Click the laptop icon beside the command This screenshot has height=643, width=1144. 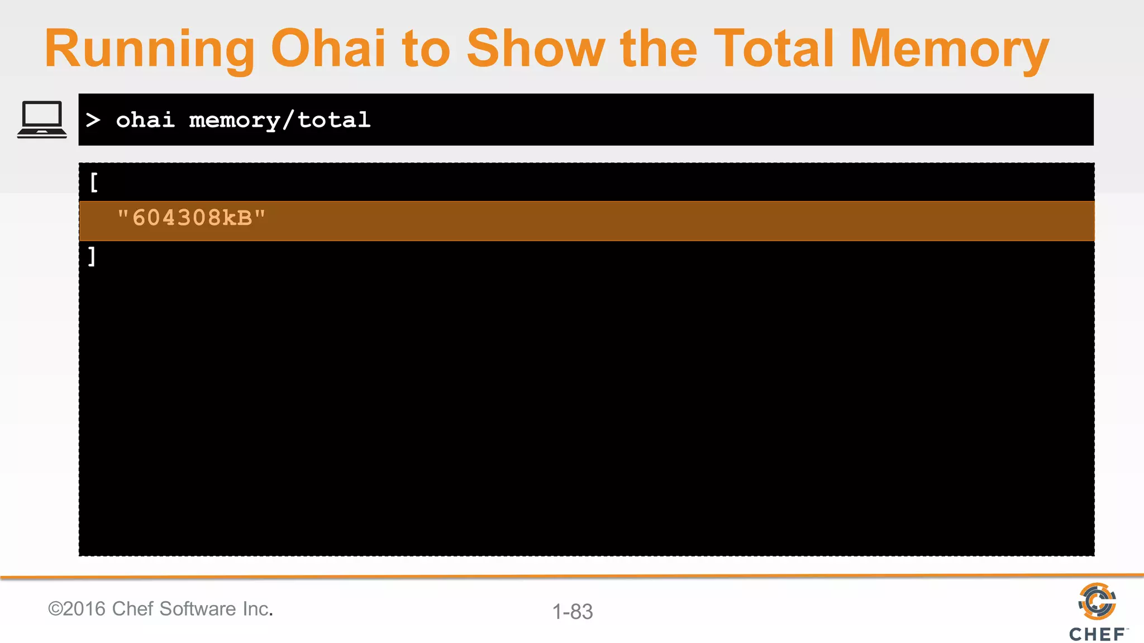coord(42,119)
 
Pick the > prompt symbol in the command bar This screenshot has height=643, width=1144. coord(93,120)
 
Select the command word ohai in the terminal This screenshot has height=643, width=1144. coord(145,120)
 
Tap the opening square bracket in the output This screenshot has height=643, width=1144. coord(94,182)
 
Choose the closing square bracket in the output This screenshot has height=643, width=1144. coord(92,257)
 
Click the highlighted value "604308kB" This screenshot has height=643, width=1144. coord(192,218)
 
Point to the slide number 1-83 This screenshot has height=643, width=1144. coord(573,612)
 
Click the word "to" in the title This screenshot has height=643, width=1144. coord(426,49)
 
